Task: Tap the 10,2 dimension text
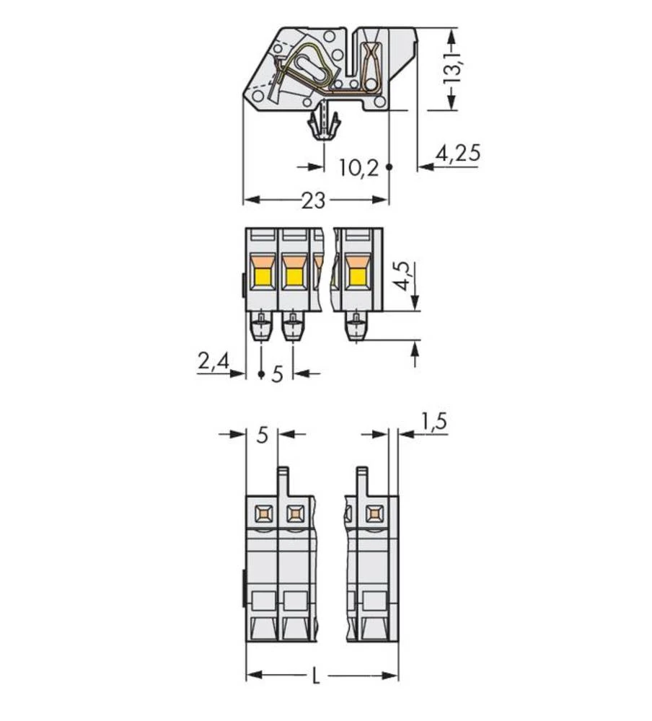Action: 358,168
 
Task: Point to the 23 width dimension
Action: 313,200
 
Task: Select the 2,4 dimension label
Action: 212,360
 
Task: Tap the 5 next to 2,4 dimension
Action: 277,375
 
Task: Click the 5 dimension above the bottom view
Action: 262,435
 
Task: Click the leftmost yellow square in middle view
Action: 261,276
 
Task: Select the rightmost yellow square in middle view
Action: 356,276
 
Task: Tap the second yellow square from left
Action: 293,276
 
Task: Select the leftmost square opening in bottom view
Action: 261,514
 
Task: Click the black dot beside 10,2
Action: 389,167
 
